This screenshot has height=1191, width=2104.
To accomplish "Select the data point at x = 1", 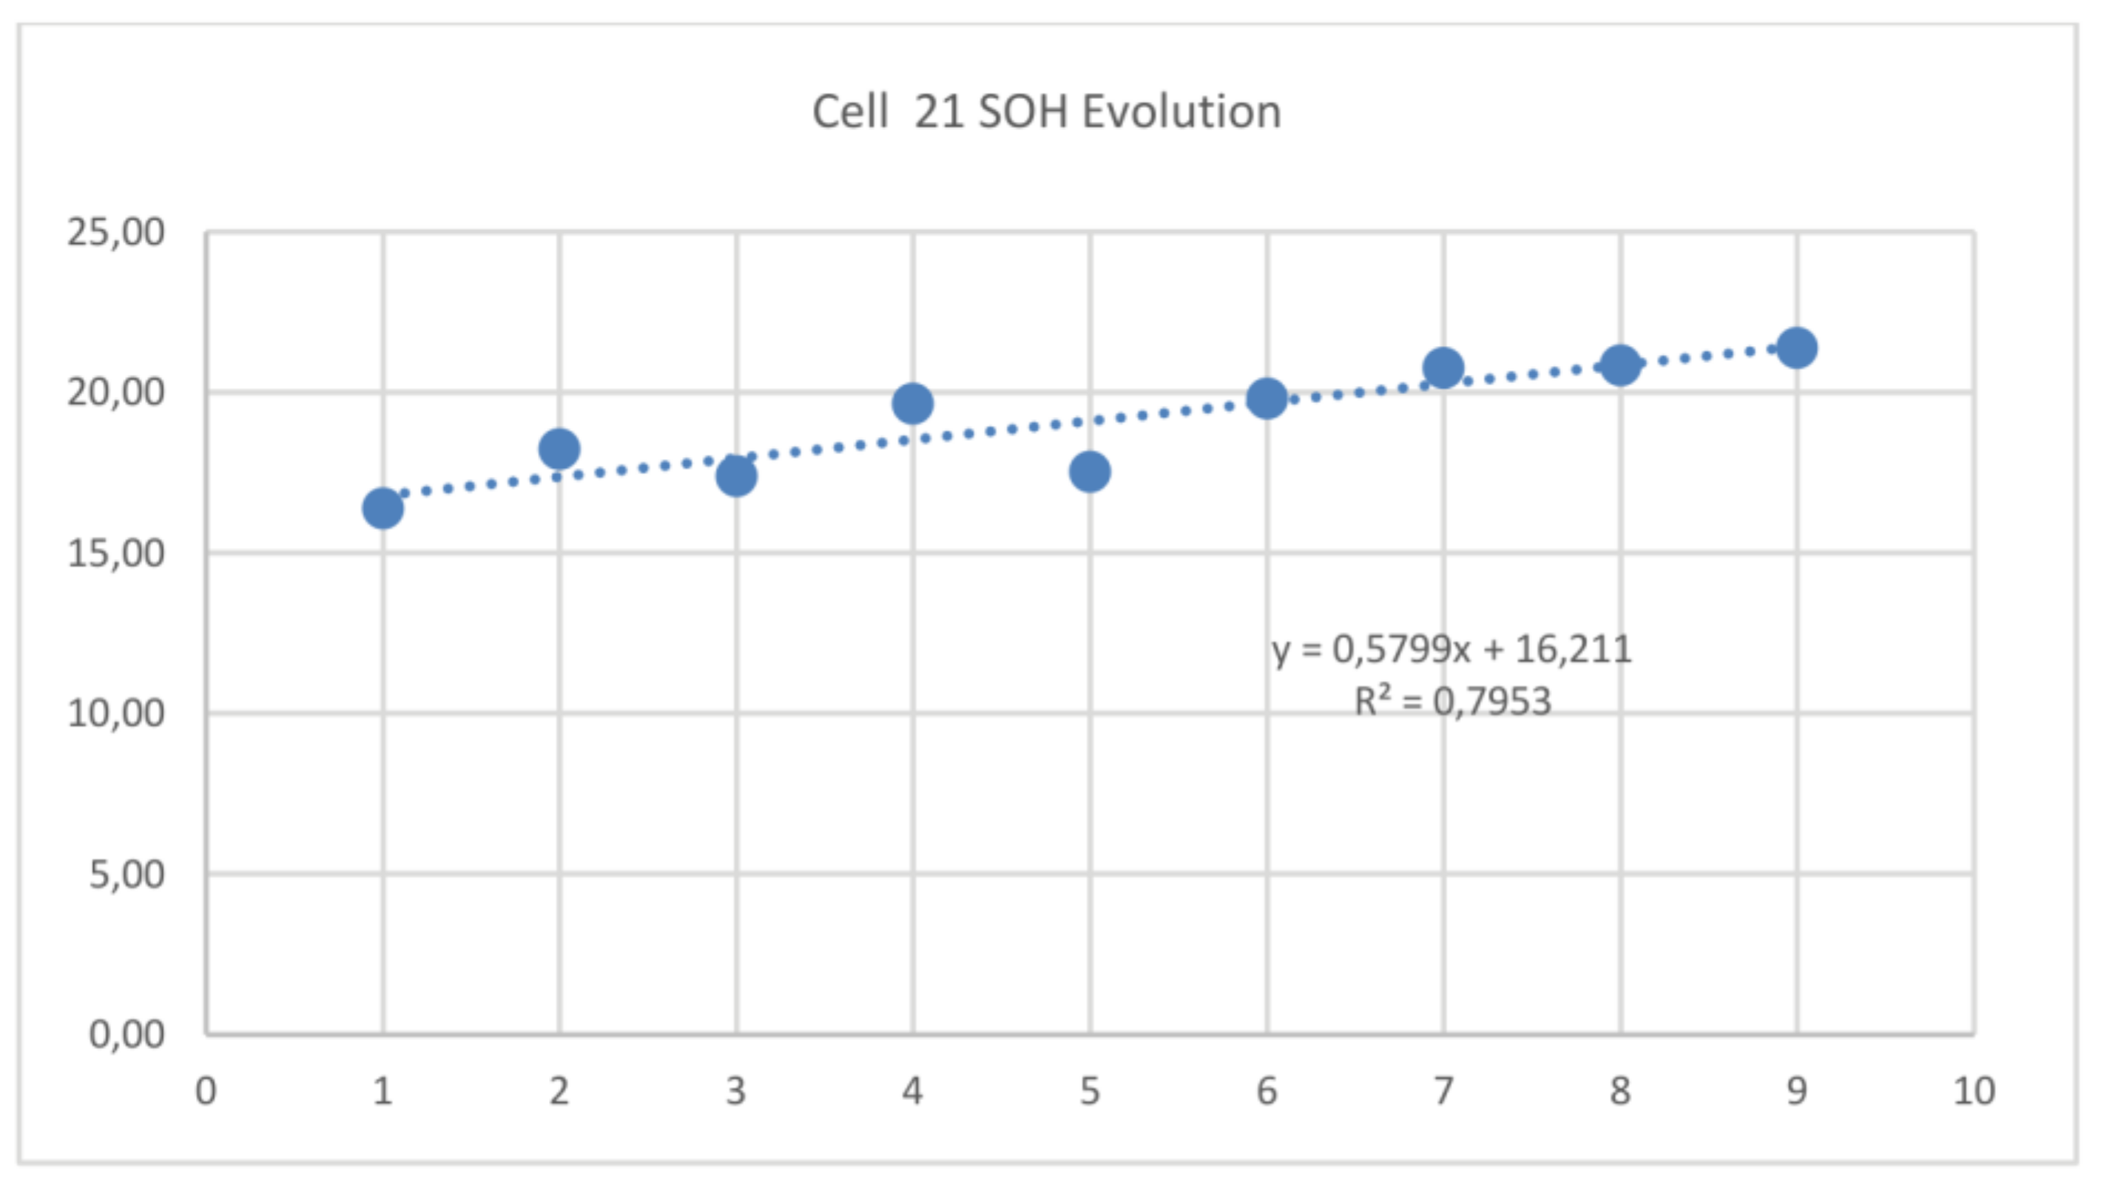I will click(x=382, y=509).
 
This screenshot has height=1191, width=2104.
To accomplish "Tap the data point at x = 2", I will click(x=559, y=448).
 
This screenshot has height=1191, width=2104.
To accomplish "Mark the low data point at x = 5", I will click(x=1089, y=472).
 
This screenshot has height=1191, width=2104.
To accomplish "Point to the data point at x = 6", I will click(x=1266, y=398).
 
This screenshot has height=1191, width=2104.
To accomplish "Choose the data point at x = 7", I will click(x=1443, y=367).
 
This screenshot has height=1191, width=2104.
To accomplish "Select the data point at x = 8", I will click(x=1619, y=364).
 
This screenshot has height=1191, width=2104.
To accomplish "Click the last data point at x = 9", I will click(x=1796, y=348).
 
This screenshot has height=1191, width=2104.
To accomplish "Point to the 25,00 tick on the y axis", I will click(x=115, y=233).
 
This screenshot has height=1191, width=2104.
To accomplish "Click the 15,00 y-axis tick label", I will click(x=115, y=554).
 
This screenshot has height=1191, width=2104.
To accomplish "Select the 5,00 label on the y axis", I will click(x=126, y=875).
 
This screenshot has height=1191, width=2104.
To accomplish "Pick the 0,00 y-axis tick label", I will click(x=126, y=1036).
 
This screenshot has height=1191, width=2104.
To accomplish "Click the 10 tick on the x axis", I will click(x=1973, y=1091).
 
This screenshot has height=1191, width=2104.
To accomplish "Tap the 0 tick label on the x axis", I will click(x=206, y=1091).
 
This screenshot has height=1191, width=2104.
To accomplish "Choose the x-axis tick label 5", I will click(x=1089, y=1091).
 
